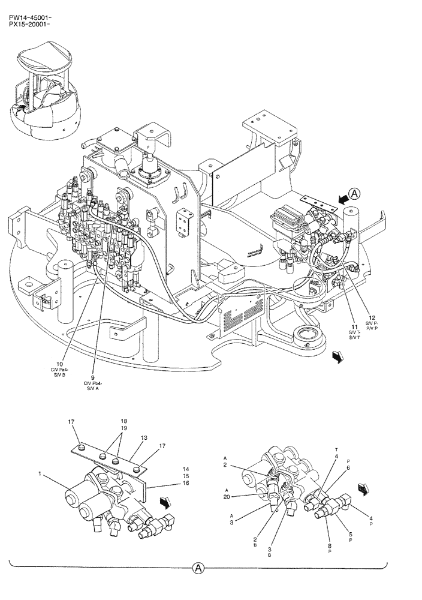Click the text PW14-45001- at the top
tap(29, 19)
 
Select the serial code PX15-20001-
tap(29, 26)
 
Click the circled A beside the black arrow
tap(355, 194)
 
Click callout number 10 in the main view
tap(60, 364)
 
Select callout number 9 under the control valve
tap(93, 377)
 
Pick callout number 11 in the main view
tap(354, 328)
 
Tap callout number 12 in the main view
tap(372, 318)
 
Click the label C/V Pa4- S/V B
tap(60, 373)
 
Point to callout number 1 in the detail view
tap(41, 474)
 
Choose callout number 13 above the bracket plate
tap(144, 439)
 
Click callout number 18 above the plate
tap(124, 422)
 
